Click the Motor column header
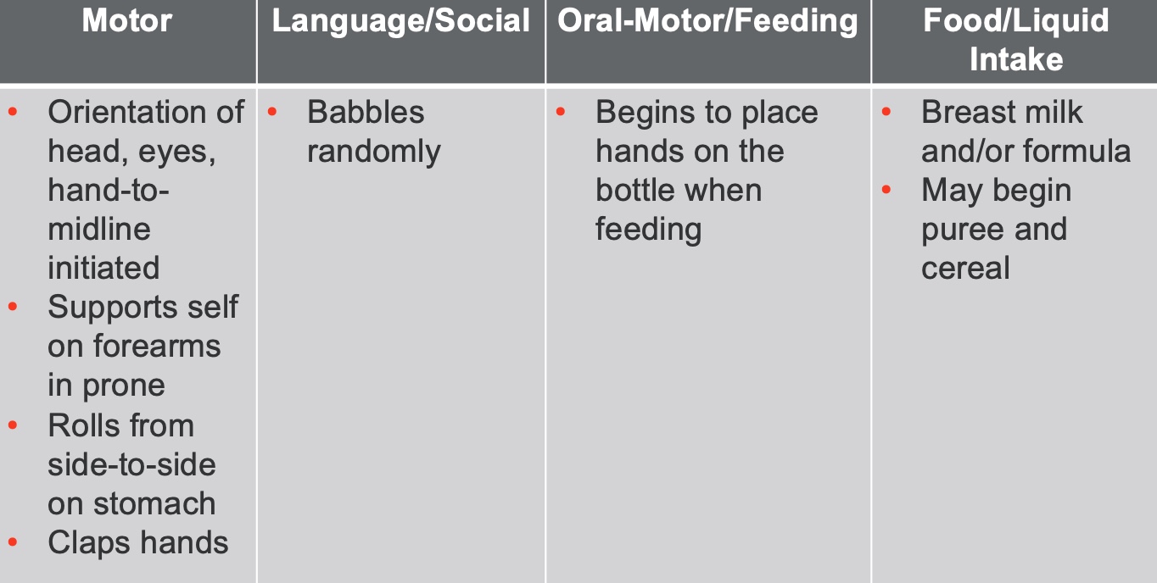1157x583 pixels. [x=127, y=20]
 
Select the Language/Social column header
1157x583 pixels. [x=401, y=22]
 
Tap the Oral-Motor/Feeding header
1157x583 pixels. [x=707, y=22]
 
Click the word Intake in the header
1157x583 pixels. [x=1016, y=59]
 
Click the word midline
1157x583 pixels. [x=99, y=229]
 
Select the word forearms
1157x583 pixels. [x=157, y=347]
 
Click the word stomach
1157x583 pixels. [x=154, y=503]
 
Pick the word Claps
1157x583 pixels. [x=89, y=544]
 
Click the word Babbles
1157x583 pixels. [x=366, y=112]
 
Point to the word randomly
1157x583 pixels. [x=374, y=153]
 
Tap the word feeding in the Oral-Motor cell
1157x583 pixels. [x=649, y=230]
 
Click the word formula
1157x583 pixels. [x=1077, y=151]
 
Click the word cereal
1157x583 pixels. [x=965, y=269]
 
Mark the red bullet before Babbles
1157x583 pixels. [x=272, y=111]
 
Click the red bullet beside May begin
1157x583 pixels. [x=886, y=189]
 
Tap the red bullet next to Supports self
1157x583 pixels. [x=13, y=307]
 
